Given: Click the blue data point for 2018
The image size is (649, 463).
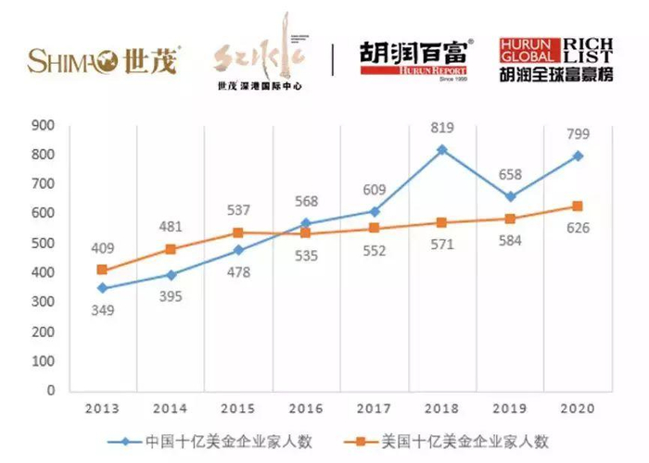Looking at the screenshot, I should point(442,149).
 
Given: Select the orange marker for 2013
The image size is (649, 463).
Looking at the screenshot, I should point(103,270).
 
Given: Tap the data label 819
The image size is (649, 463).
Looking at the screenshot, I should point(443,127).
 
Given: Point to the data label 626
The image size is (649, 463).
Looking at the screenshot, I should point(579,231).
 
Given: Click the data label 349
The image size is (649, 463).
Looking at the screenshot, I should point(103,310).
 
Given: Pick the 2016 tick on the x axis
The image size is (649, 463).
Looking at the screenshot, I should point(308,408).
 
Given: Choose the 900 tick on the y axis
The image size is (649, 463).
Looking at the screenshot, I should point(70,125).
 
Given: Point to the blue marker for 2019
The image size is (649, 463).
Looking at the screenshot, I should point(510,197).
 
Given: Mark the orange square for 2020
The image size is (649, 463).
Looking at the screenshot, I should point(578,206).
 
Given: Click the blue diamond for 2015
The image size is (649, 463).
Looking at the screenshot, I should point(239,250).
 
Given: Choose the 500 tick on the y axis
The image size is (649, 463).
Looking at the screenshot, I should point(70,243).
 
